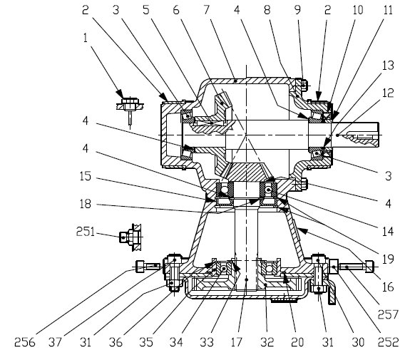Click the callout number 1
click(x=86, y=38)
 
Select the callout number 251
click(x=86, y=232)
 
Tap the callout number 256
click(x=24, y=342)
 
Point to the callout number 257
click(x=388, y=314)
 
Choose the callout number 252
click(x=389, y=342)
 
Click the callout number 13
click(x=388, y=66)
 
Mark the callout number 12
click(x=388, y=93)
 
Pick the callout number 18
click(x=86, y=204)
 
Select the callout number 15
click(x=86, y=176)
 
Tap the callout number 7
click(x=207, y=10)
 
